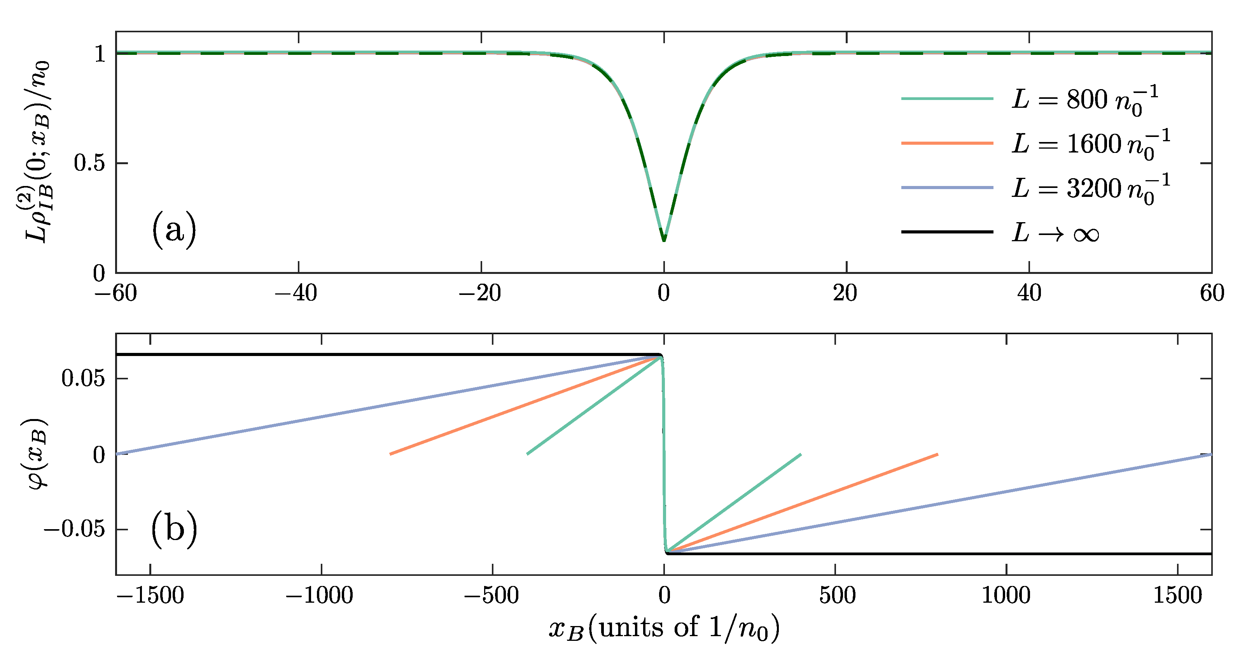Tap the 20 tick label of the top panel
pos(845,293)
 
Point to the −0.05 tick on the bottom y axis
pos(74,529)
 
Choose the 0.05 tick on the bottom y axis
pos(83,379)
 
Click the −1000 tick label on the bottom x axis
pos(320,595)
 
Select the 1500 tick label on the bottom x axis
pos(1177,595)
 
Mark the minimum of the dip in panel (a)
pos(664,240)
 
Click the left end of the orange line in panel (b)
pos(391,454)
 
